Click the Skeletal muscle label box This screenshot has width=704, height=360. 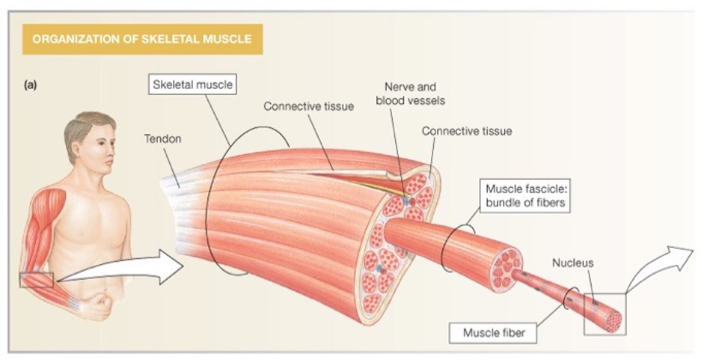point(192,85)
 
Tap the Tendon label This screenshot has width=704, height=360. point(162,139)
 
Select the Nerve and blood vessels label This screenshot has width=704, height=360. point(411,94)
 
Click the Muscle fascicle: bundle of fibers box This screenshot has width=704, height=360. point(525,196)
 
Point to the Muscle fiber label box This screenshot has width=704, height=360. point(494,333)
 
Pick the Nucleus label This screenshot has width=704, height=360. point(572,263)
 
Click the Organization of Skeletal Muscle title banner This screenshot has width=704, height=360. point(142,39)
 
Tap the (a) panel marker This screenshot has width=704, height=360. point(30,85)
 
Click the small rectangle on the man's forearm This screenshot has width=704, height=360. point(37,280)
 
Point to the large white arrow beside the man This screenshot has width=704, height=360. point(121,269)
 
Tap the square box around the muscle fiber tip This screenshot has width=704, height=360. point(604,314)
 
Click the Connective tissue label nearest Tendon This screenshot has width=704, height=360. point(308,106)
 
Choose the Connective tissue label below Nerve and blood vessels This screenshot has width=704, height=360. point(467,131)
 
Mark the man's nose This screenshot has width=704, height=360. point(110,160)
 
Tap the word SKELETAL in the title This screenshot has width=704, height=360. point(170,39)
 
